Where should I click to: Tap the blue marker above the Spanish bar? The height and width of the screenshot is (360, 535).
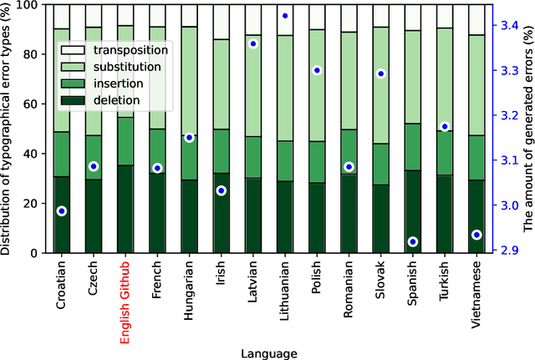pyautogui.click(x=412, y=242)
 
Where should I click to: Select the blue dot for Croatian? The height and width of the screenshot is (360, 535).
pyautogui.click(x=62, y=211)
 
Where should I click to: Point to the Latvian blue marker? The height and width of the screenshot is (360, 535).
pyautogui.click(x=253, y=43)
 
